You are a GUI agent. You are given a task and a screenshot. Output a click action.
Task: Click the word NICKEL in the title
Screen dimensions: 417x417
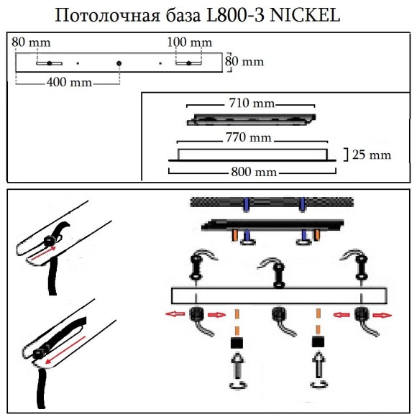(x=304, y=15)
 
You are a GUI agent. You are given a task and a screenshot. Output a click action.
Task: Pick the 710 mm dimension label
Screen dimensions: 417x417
(x=249, y=104)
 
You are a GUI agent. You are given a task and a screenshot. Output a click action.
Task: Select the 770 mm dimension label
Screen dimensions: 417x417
(x=249, y=137)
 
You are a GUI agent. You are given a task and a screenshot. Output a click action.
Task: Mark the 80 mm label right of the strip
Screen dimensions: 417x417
(x=244, y=61)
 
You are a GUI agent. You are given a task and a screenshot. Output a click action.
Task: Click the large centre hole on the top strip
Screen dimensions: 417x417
(x=119, y=64)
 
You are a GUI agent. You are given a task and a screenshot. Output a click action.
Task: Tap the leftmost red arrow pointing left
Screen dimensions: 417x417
(x=175, y=313)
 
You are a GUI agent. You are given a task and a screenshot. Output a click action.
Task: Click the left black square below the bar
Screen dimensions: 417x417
(x=234, y=342)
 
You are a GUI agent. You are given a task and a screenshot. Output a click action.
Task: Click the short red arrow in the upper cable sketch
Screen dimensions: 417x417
(x=45, y=252)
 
